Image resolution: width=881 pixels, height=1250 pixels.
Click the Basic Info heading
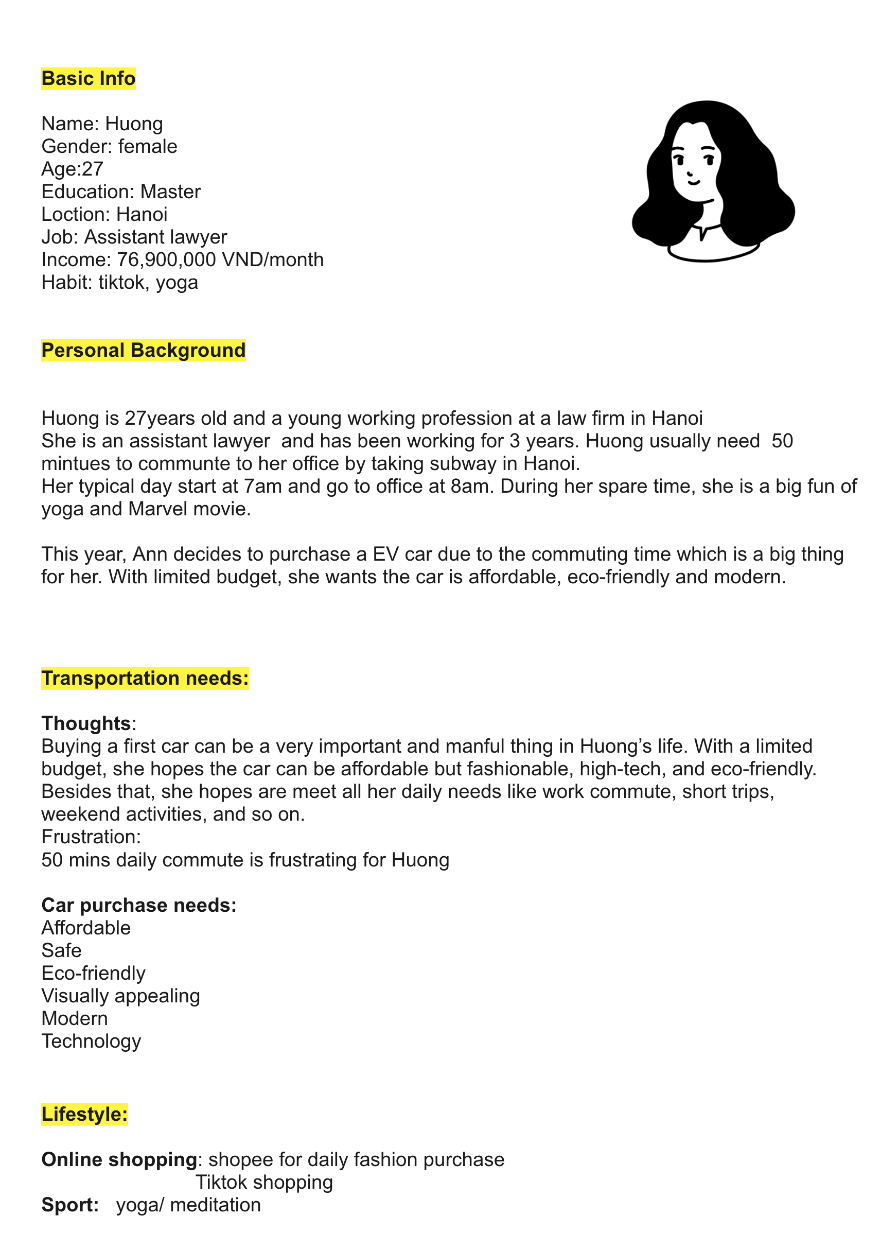pyautogui.click(x=88, y=78)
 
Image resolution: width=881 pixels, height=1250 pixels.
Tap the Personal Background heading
pyautogui.click(x=143, y=350)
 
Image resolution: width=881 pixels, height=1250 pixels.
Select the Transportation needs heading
pyautogui.click(x=145, y=678)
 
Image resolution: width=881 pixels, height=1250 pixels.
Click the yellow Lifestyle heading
pyautogui.click(x=84, y=1114)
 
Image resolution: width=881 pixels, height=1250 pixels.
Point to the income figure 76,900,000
pyautogui.click(x=167, y=259)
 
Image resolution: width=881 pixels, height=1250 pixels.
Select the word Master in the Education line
pyautogui.click(x=170, y=192)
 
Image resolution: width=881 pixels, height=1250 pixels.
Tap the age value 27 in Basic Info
pyautogui.click(x=93, y=169)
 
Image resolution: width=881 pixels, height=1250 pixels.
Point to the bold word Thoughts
pyautogui.click(x=86, y=723)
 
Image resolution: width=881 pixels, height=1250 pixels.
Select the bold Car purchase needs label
pyautogui.click(x=139, y=905)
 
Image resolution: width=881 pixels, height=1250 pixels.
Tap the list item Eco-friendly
pyautogui.click(x=93, y=973)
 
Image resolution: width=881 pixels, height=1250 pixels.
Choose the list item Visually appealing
pyautogui.click(x=120, y=996)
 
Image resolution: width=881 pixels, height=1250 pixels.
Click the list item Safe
pyautogui.click(x=61, y=950)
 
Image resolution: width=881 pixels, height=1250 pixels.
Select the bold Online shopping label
pyautogui.click(x=119, y=1159)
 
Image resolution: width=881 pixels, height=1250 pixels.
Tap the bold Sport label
pyautogui.click(x=69, y=1205)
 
